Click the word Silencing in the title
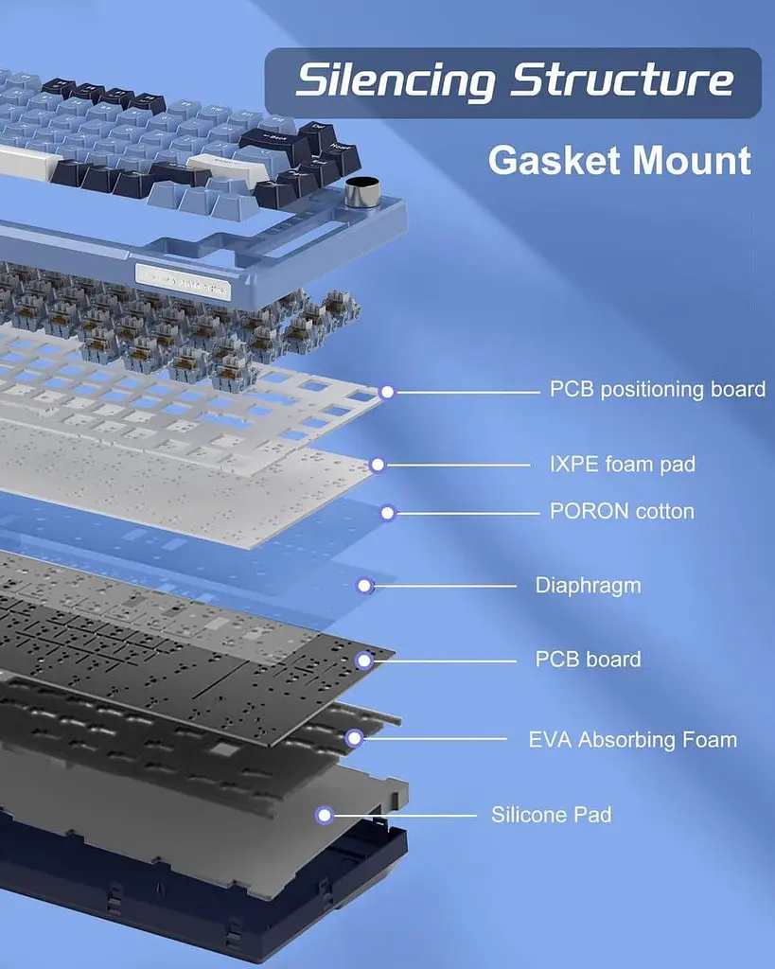(396, 80)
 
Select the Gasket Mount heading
(620, 160)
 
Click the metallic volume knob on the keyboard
(361, 191)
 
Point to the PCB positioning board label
(658, 389)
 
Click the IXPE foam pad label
(623, 464)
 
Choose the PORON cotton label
(622, 511)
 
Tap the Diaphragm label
(588, 586)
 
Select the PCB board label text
(588, 660)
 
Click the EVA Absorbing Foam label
(632, 740)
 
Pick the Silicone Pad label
(552, 815)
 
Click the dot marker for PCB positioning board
(387, 392)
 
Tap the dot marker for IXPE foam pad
(377, 465)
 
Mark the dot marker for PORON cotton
(387, 513)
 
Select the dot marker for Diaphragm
(364, 586)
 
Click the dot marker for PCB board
(364, 661)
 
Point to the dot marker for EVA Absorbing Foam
(354, 738)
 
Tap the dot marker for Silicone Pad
(324, 816)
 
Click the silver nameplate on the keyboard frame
(183, 282)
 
